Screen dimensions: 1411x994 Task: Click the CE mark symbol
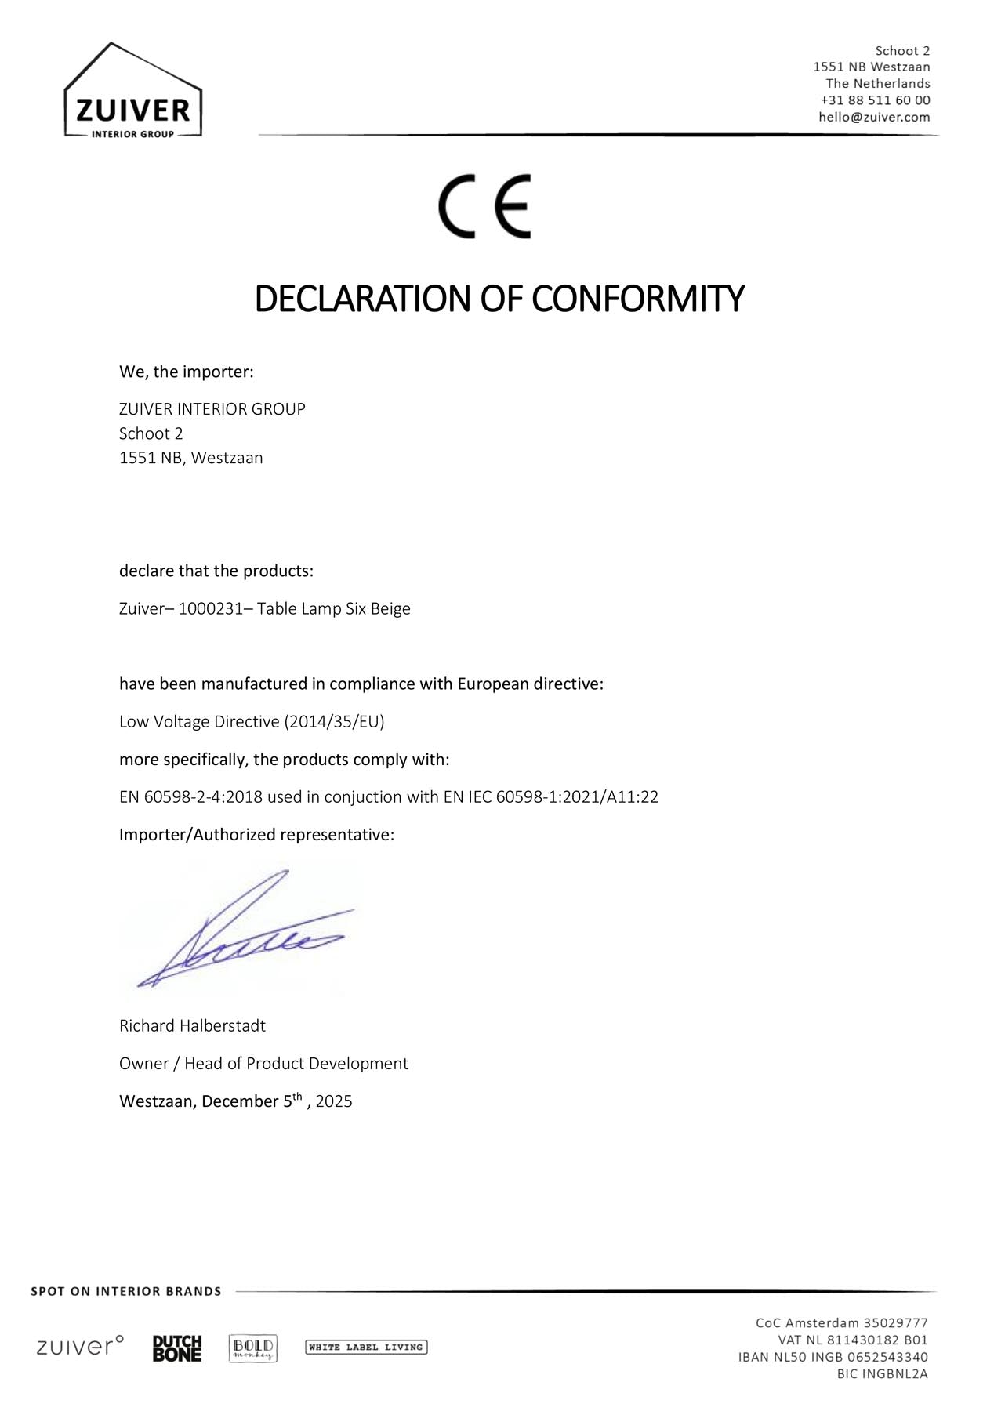point(484,206)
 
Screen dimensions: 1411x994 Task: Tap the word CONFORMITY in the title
point(637,299)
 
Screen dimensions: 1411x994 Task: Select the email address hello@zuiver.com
point(874,117)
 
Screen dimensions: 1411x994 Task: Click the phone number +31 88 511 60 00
point(875,100)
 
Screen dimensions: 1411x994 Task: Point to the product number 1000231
point(205,609)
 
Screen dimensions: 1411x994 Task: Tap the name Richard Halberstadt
point(192,1026)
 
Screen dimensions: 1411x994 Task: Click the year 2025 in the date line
point(334,1101)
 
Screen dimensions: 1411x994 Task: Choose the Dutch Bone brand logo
point(177,1348)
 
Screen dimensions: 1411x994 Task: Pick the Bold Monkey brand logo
point(252,1348)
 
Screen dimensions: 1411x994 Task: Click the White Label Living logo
point(365,1348)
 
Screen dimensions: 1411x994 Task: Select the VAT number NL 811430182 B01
point(853,1340)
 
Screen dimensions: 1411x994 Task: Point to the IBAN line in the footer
point(833,1357)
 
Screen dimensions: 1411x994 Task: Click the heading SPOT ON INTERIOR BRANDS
point(126,1291)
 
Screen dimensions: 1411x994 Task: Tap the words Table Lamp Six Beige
point(334,609)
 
